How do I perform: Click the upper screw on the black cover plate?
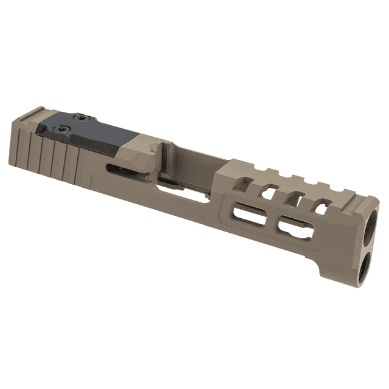(77, 118)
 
